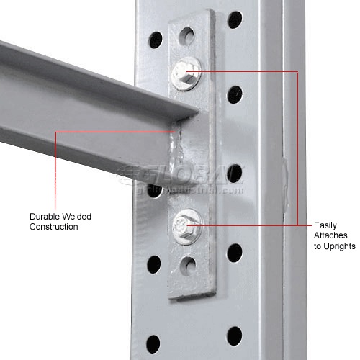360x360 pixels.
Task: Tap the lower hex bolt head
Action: (x=187, y=220)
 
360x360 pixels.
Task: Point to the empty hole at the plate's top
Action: (x=186, y=34)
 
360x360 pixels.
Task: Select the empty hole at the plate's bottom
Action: (x=187, y=265)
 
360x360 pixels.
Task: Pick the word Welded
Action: (x=78, y=216)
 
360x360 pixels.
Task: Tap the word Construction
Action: (x=54, y=227)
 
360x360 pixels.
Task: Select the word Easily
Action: (x=326, y=225)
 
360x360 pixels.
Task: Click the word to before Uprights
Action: (x=320, y=246)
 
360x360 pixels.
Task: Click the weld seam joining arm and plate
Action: (x=176, y=156)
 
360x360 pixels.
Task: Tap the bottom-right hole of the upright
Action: (x=235, y=335)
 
